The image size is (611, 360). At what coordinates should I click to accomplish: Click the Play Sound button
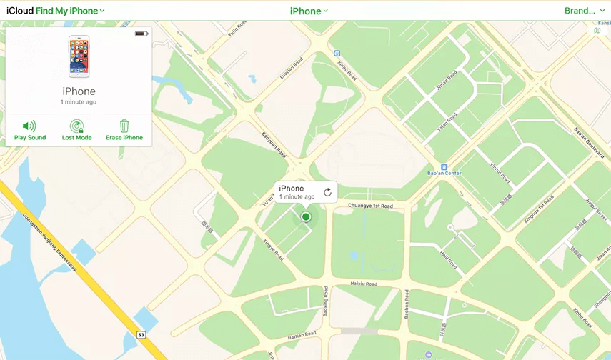tap(29, 130)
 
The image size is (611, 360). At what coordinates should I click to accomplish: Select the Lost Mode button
tap(76, 130)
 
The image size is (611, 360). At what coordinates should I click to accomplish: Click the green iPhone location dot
tap(306, 216)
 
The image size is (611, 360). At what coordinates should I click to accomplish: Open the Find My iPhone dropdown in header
tap(70, 11)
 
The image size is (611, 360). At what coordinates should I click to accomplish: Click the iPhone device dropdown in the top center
tap(309, 11)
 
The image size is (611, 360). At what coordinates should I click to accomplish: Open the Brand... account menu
tap(583, 11)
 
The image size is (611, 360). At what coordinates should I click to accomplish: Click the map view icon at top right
tap(597, 31)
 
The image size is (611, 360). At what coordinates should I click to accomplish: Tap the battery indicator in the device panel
tap(141, 34)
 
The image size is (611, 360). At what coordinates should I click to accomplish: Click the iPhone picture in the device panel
tap(79, 56)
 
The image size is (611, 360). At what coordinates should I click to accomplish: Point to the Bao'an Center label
tap(444, 173)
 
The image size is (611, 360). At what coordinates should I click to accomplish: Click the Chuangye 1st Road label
tap(370, 206)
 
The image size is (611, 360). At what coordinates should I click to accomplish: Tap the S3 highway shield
tap(141, 334)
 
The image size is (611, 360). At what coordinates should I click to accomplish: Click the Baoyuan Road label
tap(273, 143)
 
